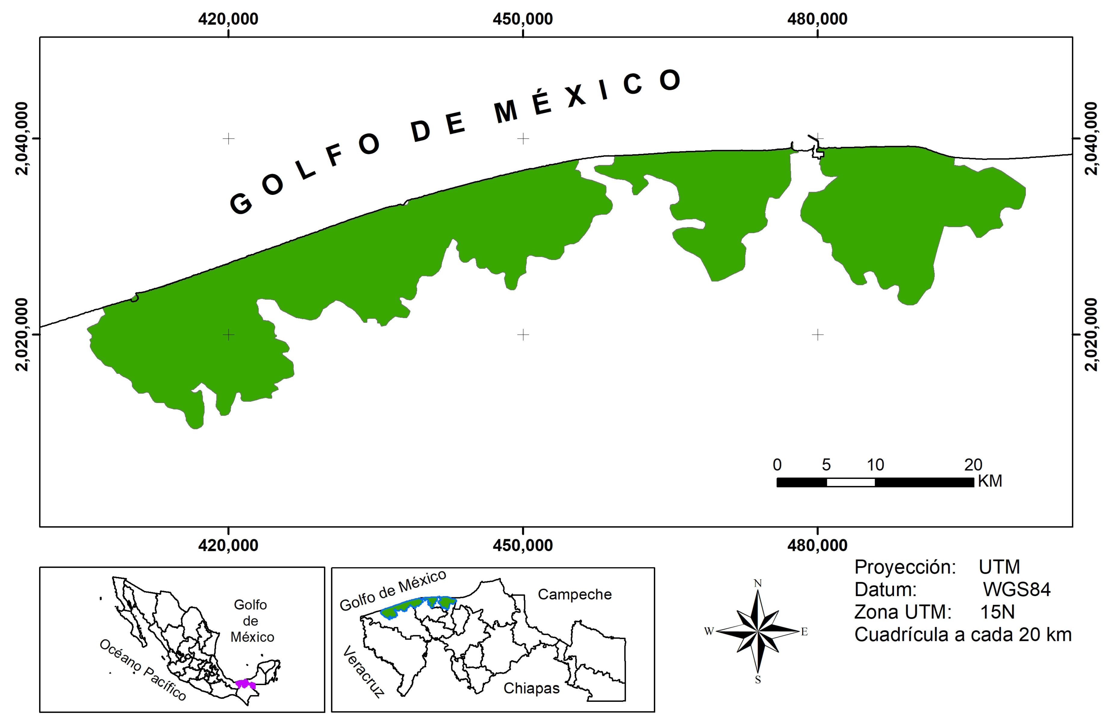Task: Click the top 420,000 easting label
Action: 228,19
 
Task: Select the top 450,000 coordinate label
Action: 523,19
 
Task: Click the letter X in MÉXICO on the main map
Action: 576,95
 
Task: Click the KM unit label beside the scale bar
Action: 990,480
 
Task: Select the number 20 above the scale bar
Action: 973,465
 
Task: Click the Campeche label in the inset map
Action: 575,594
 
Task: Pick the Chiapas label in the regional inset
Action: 531,688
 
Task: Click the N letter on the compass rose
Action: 758,583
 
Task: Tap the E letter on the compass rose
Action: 804,632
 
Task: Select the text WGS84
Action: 1017,590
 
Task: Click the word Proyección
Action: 905,567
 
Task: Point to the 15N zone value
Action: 997,612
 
